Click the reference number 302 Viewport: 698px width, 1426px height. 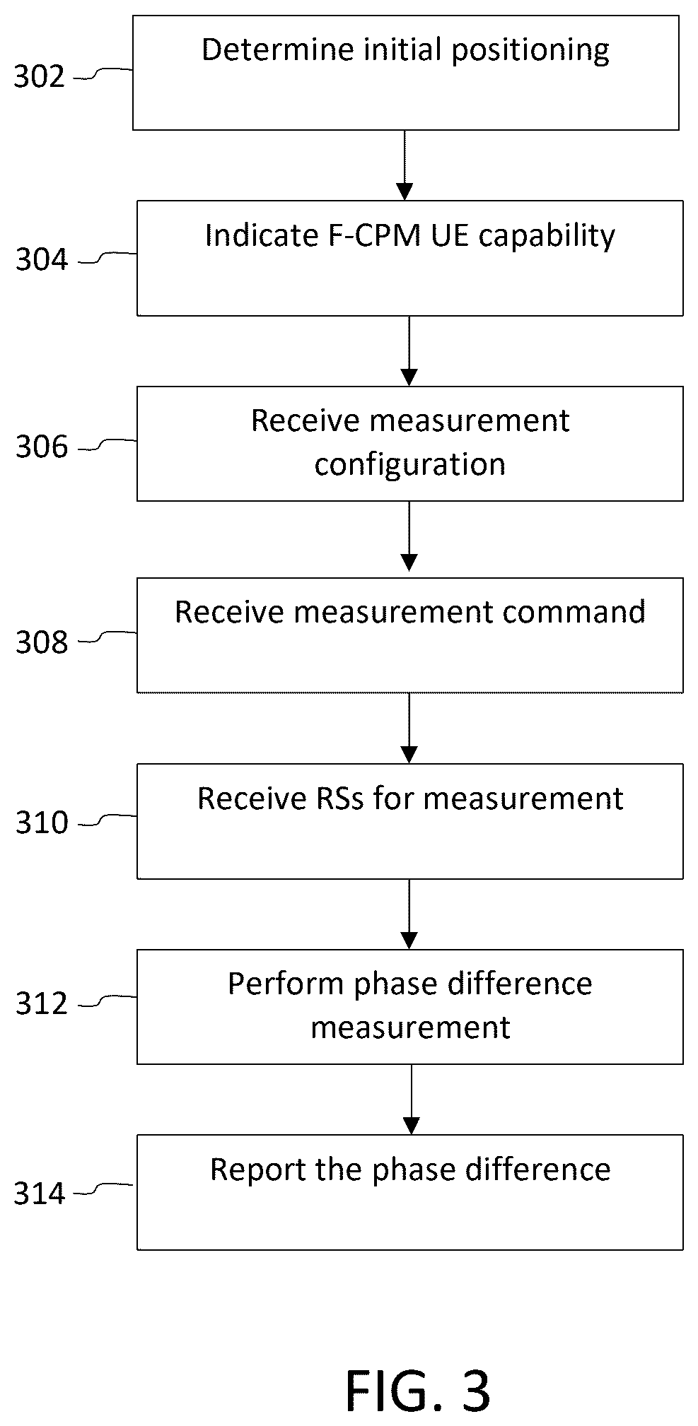(x=40, y=77)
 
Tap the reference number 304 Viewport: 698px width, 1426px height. (x=42, y=260)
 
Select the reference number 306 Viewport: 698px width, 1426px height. (x=42, y=447)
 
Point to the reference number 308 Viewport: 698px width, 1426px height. (x=42, y=642)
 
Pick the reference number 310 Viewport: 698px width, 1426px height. (x=42, y=823)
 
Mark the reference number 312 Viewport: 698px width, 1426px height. (x=42, y=1003)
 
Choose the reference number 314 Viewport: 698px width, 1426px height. (x=40, y=1194)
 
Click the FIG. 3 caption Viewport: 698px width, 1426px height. (x=418, y=1390)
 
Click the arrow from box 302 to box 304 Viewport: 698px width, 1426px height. (x=405, y=165)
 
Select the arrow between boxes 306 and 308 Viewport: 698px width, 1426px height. (x=409, y=539)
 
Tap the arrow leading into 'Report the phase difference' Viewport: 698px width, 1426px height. (x=411, y=1100)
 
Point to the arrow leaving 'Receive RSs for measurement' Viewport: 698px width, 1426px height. (x=409, y=914)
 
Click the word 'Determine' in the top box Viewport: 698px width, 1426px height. (x=278, y=49)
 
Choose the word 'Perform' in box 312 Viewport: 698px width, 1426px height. (x=286, y=984)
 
